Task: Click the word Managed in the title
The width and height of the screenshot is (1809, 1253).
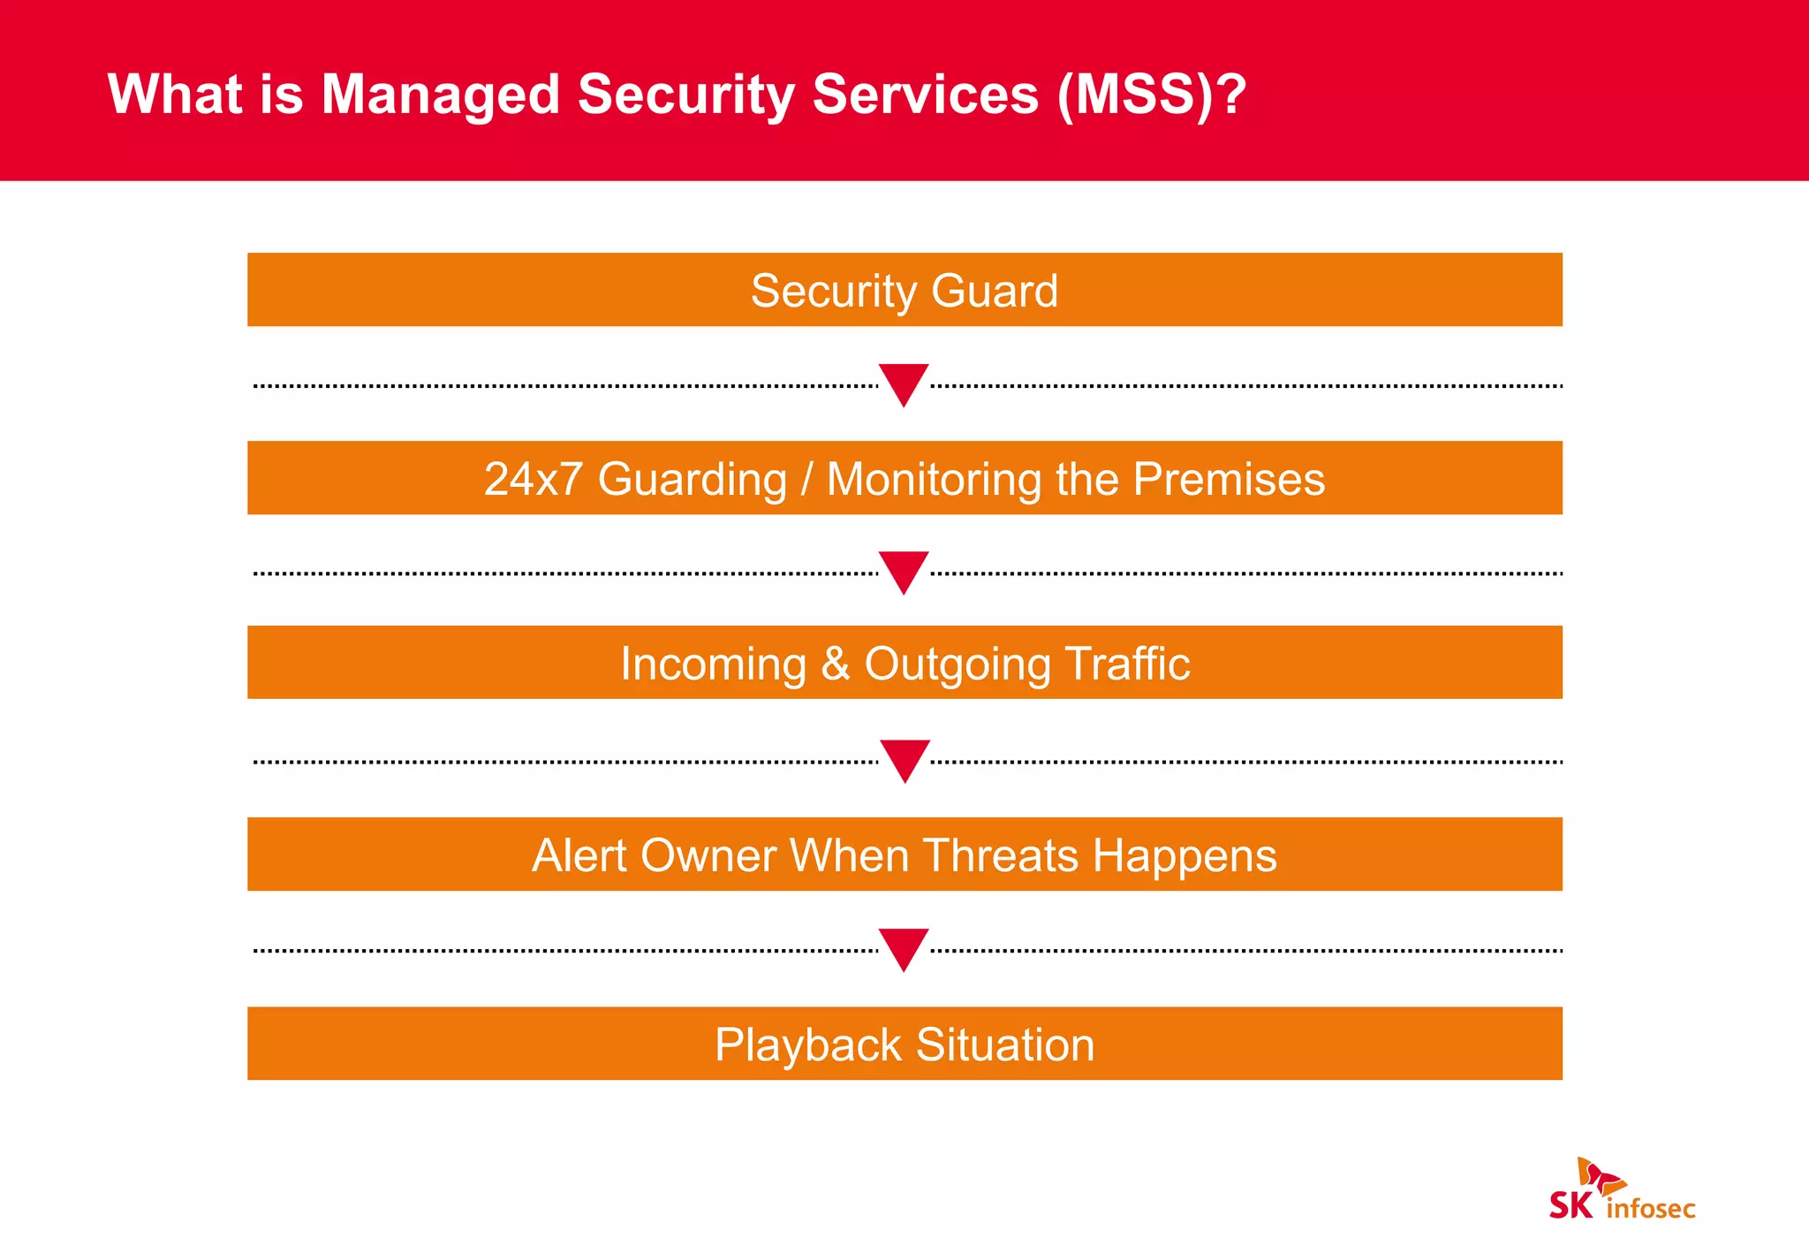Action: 440,95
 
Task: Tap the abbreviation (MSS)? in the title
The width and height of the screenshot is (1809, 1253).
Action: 1152,95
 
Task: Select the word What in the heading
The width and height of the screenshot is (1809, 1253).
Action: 174,94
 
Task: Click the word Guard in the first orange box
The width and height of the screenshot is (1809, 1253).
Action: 995,291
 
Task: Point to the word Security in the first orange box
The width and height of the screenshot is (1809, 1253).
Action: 834,291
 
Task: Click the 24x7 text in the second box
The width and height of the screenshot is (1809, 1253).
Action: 533,479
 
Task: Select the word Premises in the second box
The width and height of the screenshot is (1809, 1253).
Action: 1229,479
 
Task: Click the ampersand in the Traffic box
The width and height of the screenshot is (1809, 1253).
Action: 836,664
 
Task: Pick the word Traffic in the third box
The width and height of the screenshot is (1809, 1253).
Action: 1127,664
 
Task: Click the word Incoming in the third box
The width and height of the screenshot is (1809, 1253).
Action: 713,664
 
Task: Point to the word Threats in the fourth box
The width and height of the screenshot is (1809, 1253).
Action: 1001,855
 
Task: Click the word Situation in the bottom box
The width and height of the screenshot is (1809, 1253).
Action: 1005,1044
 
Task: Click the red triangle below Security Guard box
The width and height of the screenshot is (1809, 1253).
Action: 904,381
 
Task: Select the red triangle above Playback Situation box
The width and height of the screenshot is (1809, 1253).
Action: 904,946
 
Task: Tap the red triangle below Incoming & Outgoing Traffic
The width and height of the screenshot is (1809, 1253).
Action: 904,757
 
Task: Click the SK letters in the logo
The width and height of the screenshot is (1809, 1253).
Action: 1571,1205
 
